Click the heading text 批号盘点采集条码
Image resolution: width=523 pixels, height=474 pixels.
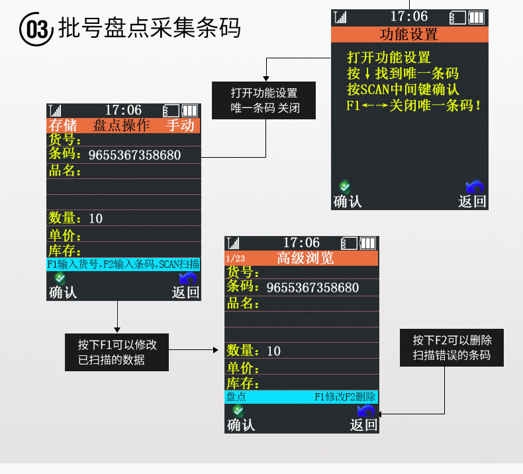(149, 28)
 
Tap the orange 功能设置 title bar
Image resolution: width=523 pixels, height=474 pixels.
(409, 34)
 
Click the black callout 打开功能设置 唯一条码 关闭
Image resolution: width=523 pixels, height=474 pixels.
(264, 100)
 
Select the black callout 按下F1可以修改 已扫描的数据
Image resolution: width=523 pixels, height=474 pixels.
(117, 352)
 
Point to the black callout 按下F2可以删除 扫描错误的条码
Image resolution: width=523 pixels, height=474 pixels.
(452, 347)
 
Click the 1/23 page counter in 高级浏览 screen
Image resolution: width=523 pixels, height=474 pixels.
(235, 259)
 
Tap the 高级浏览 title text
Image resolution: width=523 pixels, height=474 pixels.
(305, 258)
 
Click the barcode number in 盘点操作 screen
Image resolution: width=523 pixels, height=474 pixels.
(134, 155)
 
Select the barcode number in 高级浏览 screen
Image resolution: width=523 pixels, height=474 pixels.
(312, 288)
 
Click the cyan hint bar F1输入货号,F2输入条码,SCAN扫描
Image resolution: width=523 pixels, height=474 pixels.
(123, 264)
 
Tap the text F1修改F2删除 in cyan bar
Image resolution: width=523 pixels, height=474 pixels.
(345, 397)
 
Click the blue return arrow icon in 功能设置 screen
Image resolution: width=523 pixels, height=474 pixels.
(474, 188)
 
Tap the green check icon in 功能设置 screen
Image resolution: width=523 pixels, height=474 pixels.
(344, 187)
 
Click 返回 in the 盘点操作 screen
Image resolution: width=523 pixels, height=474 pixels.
(186, 292)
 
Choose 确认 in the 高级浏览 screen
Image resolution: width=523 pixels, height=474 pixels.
(241, 424)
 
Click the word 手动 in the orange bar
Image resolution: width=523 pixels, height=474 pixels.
(180, 125)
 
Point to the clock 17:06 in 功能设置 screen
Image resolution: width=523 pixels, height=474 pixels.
(408, 17)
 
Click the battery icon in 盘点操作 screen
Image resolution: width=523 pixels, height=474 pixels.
(190, 110)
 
